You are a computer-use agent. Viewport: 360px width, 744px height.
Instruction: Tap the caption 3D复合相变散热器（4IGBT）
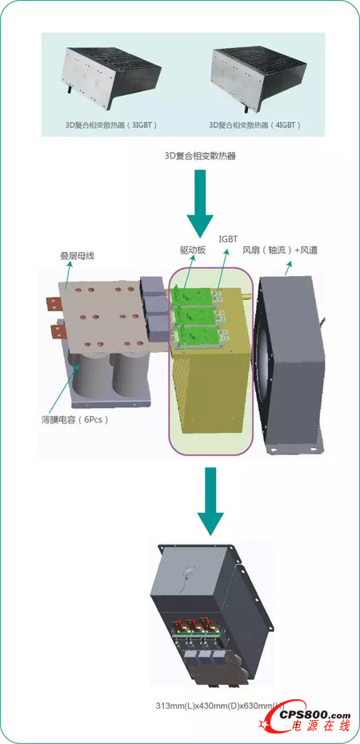(x=254, y=125)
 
